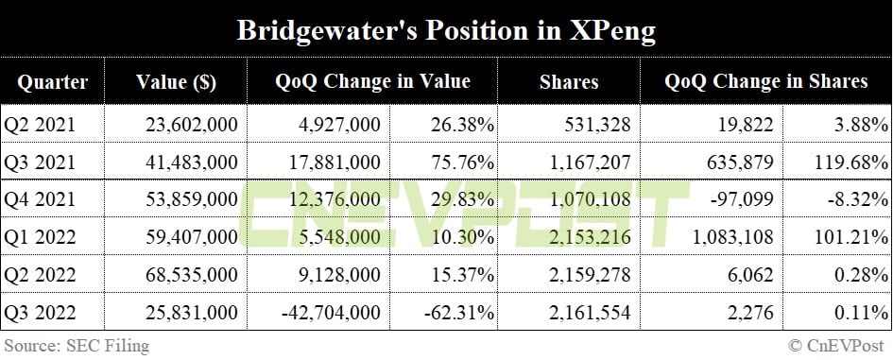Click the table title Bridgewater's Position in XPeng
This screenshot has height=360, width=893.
pos(446,29)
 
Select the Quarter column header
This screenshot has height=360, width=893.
pos(52,82)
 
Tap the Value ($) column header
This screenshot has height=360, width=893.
pos(176,82)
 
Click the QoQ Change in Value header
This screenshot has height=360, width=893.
pos(372,82)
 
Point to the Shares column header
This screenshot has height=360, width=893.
pos(568,82)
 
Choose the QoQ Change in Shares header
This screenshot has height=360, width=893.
pos(765,82)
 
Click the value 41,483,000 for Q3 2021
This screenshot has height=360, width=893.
pos(193,163)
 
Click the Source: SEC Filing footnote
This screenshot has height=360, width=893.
pos(76,346)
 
